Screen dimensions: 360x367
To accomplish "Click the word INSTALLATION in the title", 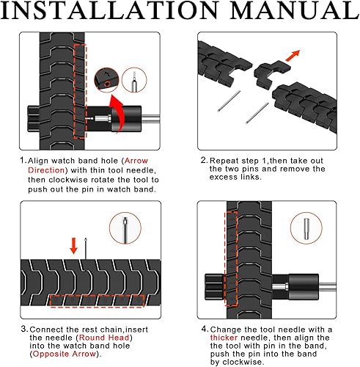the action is (109, 10).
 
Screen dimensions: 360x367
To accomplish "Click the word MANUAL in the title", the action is (295, 10).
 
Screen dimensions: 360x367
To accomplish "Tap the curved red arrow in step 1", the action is (118, 112).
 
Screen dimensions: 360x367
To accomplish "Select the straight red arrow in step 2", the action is (293, 56).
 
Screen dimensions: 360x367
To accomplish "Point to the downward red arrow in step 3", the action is (73, 246).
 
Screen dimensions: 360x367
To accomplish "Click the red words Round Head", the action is (104, 338).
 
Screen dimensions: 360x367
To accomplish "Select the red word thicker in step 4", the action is (224, 338).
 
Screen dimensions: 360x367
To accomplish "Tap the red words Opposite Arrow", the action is (65, 354).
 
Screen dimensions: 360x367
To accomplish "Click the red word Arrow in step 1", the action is (136, 161).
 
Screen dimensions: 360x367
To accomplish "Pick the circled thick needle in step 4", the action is (306, 228).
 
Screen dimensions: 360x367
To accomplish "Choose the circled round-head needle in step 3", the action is (125, 228).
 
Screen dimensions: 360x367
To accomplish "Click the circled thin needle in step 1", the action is (134, 80).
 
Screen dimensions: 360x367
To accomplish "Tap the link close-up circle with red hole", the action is (106, 80).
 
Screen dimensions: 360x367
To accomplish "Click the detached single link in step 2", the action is (271, 74).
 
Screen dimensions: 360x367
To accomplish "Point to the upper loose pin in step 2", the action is (229, 101).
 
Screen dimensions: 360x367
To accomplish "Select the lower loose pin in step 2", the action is (257, 113).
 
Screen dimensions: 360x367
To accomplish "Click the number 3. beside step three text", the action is (23, 330).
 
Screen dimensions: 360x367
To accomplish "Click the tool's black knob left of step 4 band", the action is (214, 287).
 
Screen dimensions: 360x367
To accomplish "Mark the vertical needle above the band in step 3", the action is (86, 248).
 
